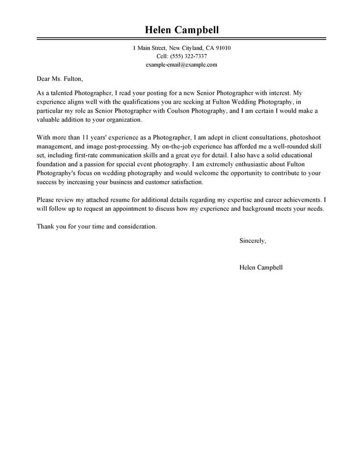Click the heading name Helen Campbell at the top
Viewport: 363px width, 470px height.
(x=181, y=30)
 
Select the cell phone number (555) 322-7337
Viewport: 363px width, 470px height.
(x=188, y=56)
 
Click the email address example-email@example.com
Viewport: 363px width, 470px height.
(x=181, y=65)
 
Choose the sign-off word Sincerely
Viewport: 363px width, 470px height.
(x=252, y=241)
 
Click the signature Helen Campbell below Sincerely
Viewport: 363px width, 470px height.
(x=261, y=267)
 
